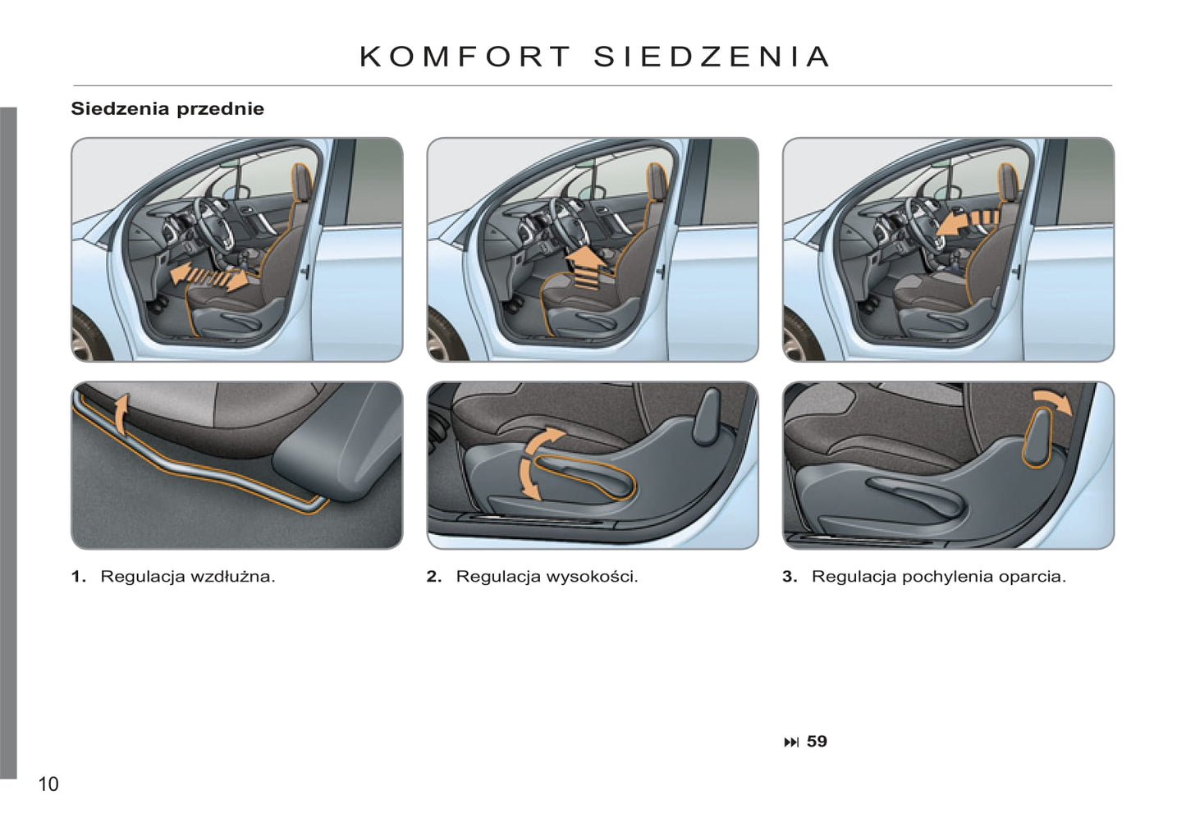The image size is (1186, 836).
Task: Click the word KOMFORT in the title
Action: tap(465, 57)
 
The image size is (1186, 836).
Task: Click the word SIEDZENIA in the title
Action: tap(711, 57)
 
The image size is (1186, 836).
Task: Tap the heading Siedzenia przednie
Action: tap(167, 108)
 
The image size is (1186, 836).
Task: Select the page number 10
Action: tap(48, 784)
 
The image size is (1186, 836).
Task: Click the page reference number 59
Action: tap(817, 742)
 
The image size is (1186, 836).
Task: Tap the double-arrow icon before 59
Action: tap(791, 742)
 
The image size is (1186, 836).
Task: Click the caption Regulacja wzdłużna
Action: tap(187, 576)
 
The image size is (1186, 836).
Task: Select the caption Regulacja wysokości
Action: tap(547, 576)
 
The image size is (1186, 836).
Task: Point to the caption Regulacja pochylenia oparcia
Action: tap(938, 576)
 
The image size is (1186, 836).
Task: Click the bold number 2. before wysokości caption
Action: tap(434, 576)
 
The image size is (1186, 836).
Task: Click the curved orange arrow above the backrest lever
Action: tap(1053, 400)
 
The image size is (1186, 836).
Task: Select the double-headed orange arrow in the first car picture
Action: tap(209, 276)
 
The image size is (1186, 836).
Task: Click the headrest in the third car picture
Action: tap(1009, 182)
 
